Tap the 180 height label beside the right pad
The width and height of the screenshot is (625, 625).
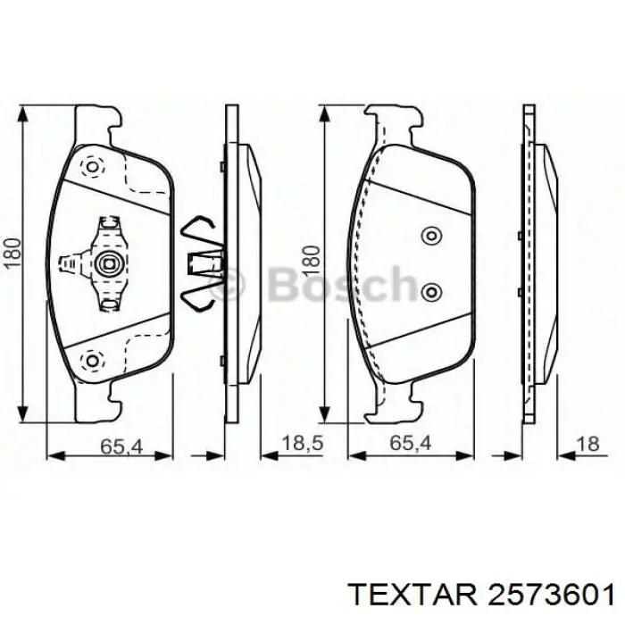pyautogui.click(x=309, y=259)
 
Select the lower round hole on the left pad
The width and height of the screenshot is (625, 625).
pyautogui.click(x=90, y=360)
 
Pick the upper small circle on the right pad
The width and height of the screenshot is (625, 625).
pyautogui.click(x=431, y=235)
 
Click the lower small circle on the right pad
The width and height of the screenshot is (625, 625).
pyautogui.click(x=431, y=292)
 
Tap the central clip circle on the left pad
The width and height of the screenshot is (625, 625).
pyautogui.click(x=111, y=263)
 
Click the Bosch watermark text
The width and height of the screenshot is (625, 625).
pyautogui.click(x=308, y=286)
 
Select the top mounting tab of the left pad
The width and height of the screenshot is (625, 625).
pyautogui.click(x=96, y=124)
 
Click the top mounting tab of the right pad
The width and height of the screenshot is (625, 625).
pyautogui.click(x=393, y=124)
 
